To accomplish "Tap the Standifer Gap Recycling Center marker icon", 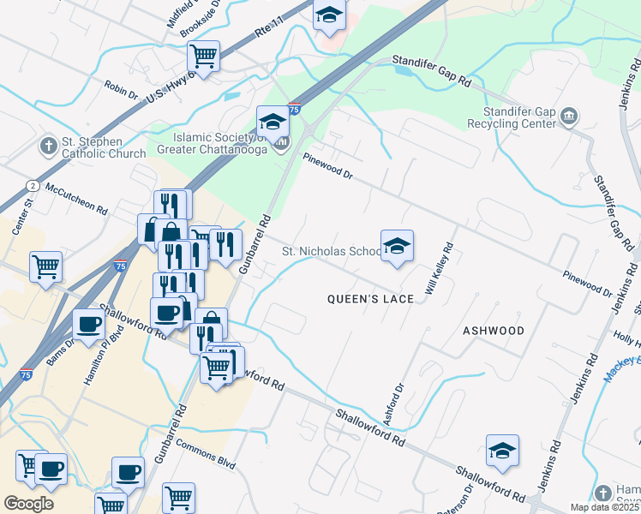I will pyautogui.click(x=568, y=117).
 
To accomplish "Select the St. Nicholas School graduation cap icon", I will pyautogui.click(x=397, y=246).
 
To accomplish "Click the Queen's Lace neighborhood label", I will pyautogui.click(x=371, y=299).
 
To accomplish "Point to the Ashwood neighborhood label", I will pyautogui.click(x=493, y=330).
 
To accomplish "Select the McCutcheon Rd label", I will pyautogui.click(x=77, y=199).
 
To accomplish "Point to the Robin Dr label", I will pyautogui.click(x=121, y=89).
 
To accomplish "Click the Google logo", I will pyautogui.click(x=28, y=504).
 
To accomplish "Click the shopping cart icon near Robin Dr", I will pyautogui.click(x=204, y=57).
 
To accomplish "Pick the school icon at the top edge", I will pyautogui.click(x=328, y=15).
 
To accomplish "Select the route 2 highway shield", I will pyautogui.click(x=33, y=185).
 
